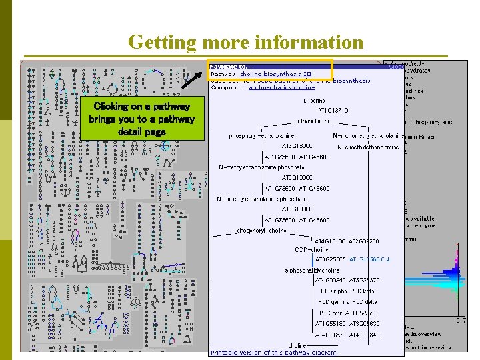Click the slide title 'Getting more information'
(245, 42)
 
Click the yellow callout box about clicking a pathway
(141, 119)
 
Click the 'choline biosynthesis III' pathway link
(276, 73)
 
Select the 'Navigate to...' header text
(231, 66)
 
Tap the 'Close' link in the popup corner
(395, 66)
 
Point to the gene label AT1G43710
(333, 110)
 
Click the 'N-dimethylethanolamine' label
(368, 147)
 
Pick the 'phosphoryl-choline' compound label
(262, 231)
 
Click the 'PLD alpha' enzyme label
(334, 291)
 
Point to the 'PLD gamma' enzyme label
(335, 302)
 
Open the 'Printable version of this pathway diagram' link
(273, 352)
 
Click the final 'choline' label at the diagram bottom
(297, 345)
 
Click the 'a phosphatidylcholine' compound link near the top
(282, 87)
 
